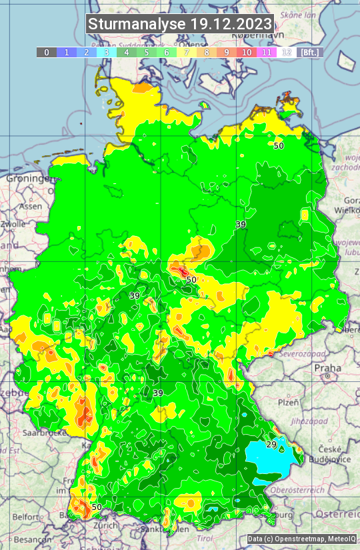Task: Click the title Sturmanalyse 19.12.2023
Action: click(179, 24)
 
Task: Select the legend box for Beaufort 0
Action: click(47, 52)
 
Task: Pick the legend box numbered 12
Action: click(287, 52)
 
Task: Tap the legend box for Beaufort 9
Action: click(227, 52)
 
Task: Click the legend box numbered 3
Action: click(107, 52)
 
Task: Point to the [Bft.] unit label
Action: click(309, 52)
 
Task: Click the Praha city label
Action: click(327, 368)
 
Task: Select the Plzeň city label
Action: click(288, 403)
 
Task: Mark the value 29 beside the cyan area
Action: click(271, 445)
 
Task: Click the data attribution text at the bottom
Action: click(301, 539)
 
